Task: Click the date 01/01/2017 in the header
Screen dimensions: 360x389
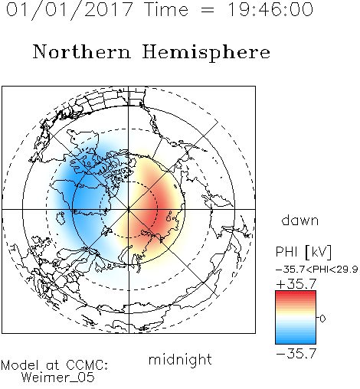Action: (70, 9)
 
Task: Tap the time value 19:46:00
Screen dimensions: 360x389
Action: (270, 9)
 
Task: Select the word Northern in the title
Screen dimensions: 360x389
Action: (82, 51)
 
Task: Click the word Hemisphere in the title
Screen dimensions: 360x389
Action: (206, 53)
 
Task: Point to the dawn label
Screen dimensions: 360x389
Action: (300, 220)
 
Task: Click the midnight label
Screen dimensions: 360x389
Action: (180, 359)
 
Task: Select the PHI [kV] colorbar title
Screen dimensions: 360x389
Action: (303, 252)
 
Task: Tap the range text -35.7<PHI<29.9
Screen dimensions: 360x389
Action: (316, 270)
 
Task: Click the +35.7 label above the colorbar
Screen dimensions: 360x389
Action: (296, 284)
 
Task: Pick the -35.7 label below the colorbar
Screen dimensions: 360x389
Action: (296, 354)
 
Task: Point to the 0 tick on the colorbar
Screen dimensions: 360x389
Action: (322, 319)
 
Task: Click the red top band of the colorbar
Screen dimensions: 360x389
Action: (296, 294)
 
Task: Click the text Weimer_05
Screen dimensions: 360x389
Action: (58, 377)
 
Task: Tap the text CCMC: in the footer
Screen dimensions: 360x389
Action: (87, 365)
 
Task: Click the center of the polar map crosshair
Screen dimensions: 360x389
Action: (129, 209)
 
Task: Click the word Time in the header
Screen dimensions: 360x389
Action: (166, 9)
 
